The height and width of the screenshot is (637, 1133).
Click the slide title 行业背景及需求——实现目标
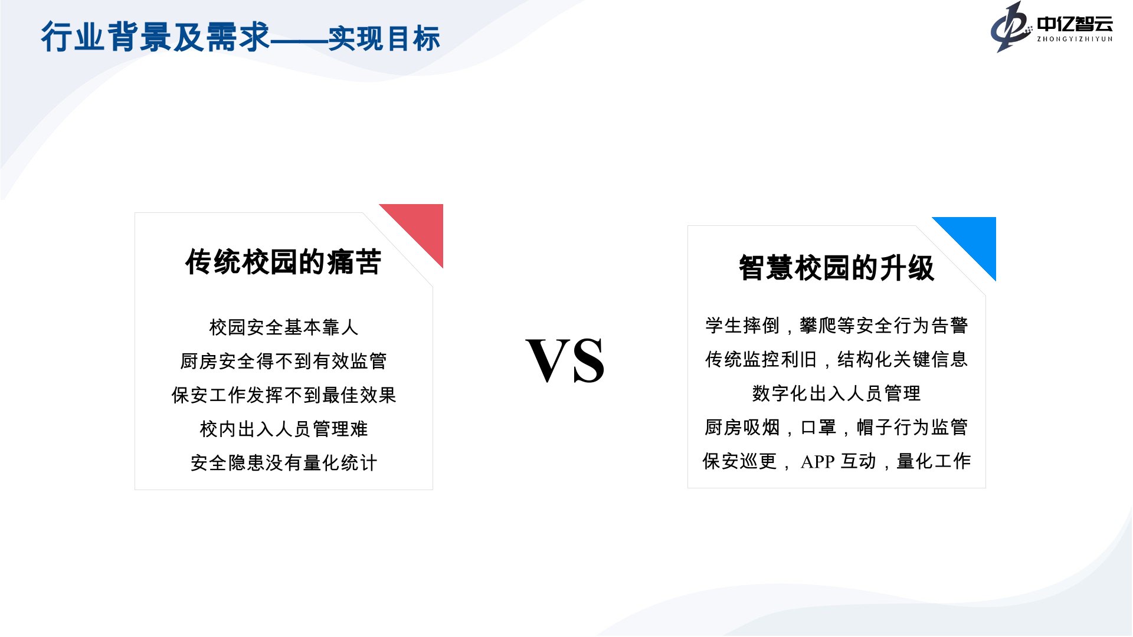[241, 37]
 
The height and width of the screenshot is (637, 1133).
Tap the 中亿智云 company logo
[1052, 27]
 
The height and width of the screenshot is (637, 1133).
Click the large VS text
[565, 360]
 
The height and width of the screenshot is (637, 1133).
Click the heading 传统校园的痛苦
[283, 261]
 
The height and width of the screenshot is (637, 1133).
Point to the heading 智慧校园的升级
[836, 268]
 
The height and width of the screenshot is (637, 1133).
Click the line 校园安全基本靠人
[284, 327]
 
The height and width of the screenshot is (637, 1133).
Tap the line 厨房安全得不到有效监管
[284, 361]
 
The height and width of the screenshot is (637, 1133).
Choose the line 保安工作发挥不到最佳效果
[284, 395]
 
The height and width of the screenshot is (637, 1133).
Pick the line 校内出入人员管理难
[284, 429]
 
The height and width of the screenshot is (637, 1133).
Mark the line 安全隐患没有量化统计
[284, 463]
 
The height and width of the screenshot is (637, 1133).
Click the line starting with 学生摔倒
[837, 326]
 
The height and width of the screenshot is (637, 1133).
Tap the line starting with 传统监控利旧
[837, 359]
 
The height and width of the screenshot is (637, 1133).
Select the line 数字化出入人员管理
[837, 393]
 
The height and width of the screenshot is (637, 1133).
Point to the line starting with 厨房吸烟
[837, 427]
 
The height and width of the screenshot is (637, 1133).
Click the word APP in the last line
[817, 462]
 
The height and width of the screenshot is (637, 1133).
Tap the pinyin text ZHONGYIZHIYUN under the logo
[1075, 39]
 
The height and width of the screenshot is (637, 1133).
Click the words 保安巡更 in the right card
[740, 461]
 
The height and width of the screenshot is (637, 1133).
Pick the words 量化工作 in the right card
[934, 461]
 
